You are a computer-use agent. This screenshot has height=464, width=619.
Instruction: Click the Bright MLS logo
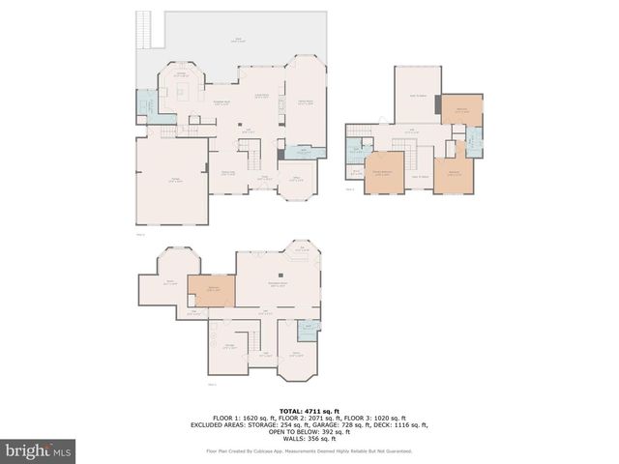(x=39, y=450)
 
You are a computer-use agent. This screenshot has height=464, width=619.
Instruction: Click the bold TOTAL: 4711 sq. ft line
(x=309, y=410)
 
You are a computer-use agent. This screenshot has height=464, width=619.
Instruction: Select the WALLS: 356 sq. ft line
(x=309, y=438)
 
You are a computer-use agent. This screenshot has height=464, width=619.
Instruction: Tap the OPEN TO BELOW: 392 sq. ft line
(x=309, y=431)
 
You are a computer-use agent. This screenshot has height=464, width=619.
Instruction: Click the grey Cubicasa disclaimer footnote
(x=309, y=450)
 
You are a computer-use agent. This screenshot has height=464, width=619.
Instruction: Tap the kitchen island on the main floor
(x=181, y=91)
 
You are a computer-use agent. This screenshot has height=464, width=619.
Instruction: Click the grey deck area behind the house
(x=242, y=39)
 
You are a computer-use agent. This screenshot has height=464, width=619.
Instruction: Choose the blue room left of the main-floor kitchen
(x=144, y=103)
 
